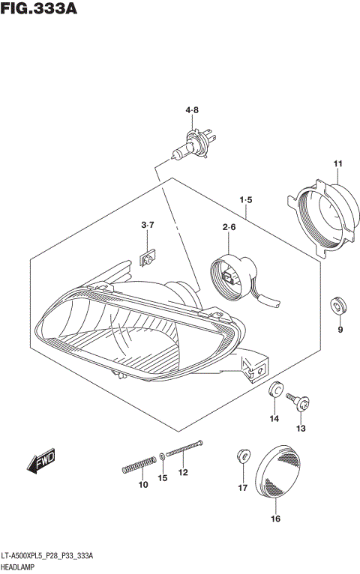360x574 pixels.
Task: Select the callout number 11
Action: coord(337,164)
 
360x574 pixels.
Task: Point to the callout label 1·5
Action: coord(246,200)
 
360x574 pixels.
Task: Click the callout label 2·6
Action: coord(229,228)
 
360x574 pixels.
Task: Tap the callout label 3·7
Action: coord(148,225)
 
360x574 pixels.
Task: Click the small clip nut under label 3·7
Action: coord(148,260)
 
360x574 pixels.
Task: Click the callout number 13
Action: coord(301,429)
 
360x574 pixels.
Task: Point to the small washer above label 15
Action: coord(163,456)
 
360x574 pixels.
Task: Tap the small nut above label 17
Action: coord(242,454)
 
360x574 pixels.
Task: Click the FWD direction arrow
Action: coord(41,462)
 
